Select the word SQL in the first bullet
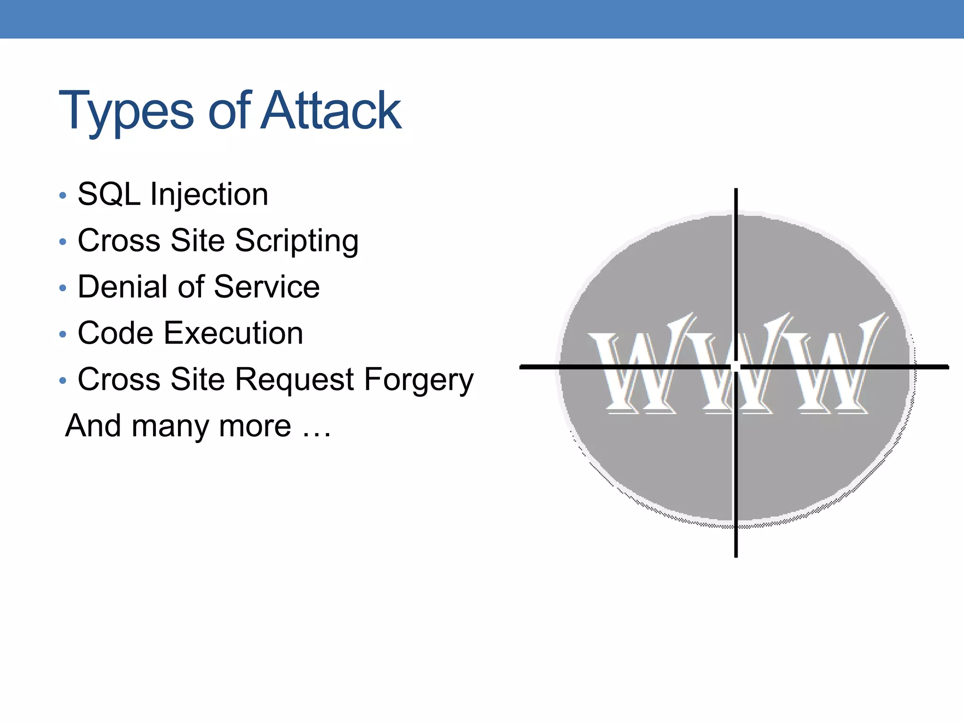tap(109, 194)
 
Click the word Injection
tap(209, 195)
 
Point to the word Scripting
tap(297, 241)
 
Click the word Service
tap(266, 287)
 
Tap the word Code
tap(115, 333)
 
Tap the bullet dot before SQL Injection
tap(63, 195)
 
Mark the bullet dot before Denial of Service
tap(63, 288)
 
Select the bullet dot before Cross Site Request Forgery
tap(63, 380)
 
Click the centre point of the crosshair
tap(736, 367)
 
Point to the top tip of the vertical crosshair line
tap(736, 190)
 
